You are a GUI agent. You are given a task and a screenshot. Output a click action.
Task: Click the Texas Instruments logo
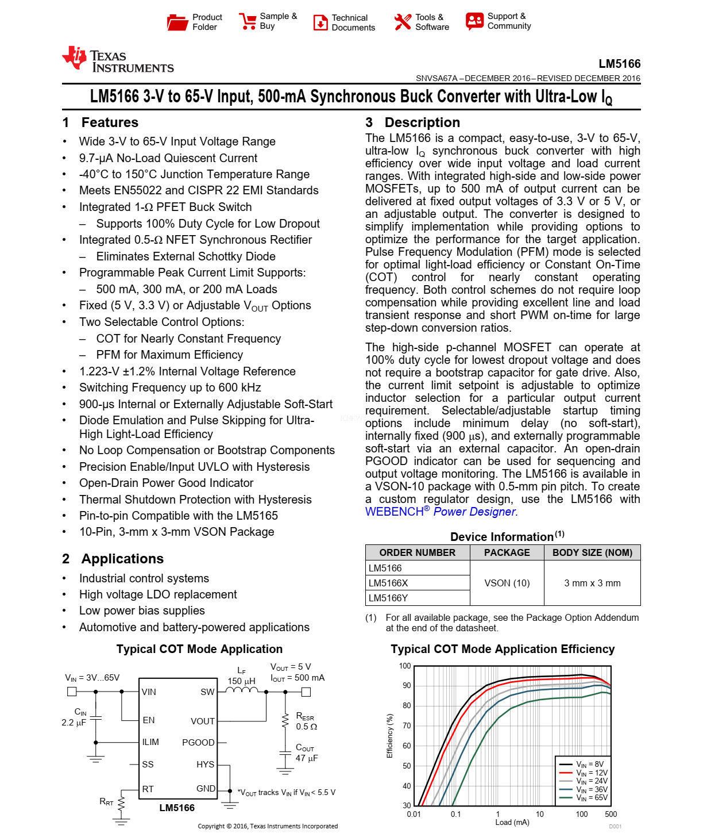coord(118,60)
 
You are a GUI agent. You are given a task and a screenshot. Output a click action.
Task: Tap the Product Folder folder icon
coord(177,22)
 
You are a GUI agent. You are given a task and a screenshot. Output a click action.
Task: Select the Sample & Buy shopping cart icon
coord(248,21)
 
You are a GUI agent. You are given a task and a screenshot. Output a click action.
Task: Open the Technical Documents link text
coord(353,22)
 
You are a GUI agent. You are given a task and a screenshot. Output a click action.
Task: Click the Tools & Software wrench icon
coord(403,22)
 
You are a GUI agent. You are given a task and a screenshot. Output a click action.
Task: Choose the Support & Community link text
coord(509,21)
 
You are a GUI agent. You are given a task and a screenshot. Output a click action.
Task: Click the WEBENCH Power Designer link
coord(441,512)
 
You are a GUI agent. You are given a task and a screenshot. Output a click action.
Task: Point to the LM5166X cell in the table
coord(388,583)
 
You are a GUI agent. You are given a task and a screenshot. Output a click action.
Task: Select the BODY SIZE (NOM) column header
coord(592,552)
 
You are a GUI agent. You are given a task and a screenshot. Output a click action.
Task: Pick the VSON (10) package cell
coord(507,583)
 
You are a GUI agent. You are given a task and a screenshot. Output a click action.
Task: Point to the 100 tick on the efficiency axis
coord(405,666)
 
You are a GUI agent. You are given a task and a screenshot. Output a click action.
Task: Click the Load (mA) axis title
coord(512,823)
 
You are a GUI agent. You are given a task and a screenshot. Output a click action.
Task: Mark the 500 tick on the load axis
coord(611,814)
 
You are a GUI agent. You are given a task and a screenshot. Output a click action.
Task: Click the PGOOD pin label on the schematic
coord(198,743)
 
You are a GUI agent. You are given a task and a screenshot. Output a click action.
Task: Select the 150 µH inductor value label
coord(241,681)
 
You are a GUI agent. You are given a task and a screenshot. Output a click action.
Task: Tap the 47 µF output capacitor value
coord(307,758)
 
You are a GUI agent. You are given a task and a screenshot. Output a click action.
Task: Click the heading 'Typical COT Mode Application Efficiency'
coord(503,649)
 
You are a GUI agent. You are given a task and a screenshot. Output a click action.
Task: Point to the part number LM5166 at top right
coord(619,64)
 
